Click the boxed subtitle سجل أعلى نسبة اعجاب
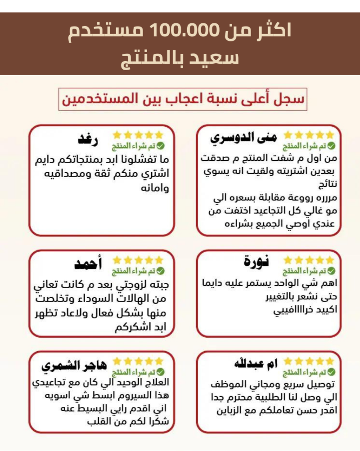pos(183,99)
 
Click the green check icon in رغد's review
pos(161,146)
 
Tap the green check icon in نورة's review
pos(331,271)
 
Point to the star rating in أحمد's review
pos(138,260)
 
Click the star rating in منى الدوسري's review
pos(309,135)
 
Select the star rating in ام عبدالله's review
pos(309,361)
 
